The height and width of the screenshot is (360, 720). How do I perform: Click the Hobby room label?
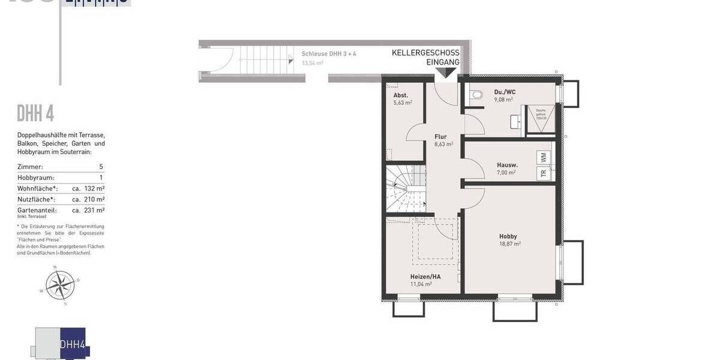click(508, 236)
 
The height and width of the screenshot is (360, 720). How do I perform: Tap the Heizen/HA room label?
click(426, 277)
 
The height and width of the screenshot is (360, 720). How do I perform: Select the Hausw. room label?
click(507, 165)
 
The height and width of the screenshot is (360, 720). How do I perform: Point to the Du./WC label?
click(505, 92)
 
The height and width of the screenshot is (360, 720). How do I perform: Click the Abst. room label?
click(401, 95)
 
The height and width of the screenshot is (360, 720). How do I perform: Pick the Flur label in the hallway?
click(441, 137)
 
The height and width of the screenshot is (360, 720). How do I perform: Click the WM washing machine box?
click(544, 157)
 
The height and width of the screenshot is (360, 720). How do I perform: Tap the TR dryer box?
click(544, 173)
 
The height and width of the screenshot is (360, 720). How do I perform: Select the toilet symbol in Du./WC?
click(478, 94)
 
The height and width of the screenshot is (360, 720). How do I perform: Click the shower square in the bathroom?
click(541, 119)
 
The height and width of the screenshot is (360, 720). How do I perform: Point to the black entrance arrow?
click(445, 73)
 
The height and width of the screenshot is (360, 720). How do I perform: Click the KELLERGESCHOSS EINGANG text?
click(425, 58)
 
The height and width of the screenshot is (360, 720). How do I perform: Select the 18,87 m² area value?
click(510, 244)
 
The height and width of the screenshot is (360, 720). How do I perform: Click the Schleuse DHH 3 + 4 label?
click(329, 54)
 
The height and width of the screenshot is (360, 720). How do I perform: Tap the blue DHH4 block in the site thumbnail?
click(72, 344)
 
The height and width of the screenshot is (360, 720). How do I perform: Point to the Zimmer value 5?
click(101, 167)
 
